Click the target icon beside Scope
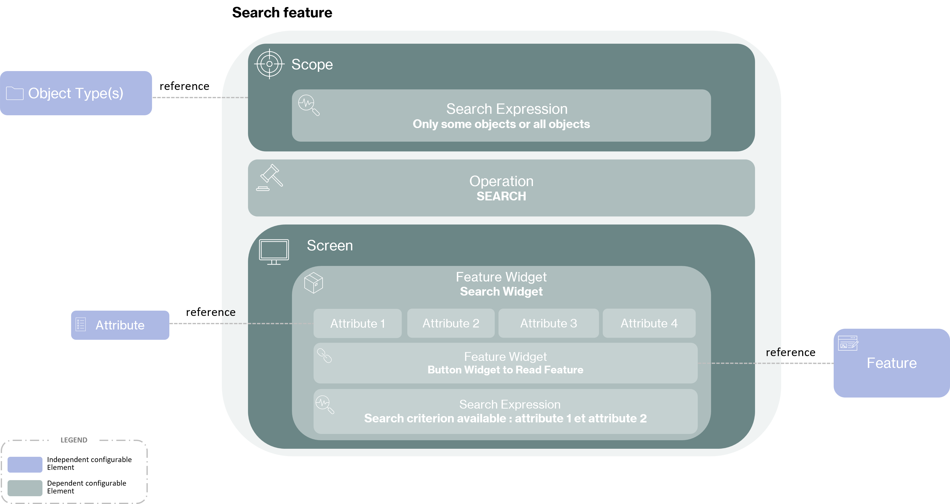tap(269, 64)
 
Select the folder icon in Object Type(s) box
tap(15, 93)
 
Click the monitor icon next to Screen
tap(274, 251)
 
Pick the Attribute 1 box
tap(357, 323)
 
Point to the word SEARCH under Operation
tap(501, 196)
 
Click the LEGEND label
tap(74, 440)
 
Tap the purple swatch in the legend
tap(25, 465)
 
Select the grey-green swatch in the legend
tap(25, 488)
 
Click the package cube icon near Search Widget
tap(314, 283)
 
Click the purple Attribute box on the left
tap(120, 325)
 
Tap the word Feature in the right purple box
tap(891, 363)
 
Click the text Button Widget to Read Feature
tap(505, 370)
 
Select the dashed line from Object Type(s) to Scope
tap(199, 97)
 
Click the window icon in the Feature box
tap(848, 343)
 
